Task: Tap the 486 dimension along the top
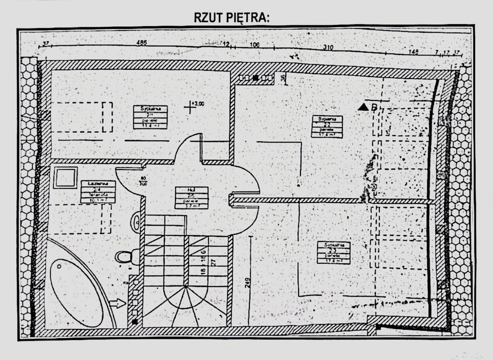(x=142, y=43)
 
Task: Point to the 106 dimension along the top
(x=255, y=45)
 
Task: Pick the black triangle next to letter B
(x=363, y=107)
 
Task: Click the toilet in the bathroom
(x=127, y=257)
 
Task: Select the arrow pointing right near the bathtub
(x=117, y=303)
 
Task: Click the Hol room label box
(x=191, y=198)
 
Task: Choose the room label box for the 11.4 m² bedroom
(x=151, y=117)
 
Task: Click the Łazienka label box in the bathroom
(x=98, y=192)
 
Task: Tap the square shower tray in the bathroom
(x=65, y=178)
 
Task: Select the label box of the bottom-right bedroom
(x=334, y=253)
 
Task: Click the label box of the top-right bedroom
(x=327, y=127)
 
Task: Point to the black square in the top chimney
(x=256, y=77)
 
